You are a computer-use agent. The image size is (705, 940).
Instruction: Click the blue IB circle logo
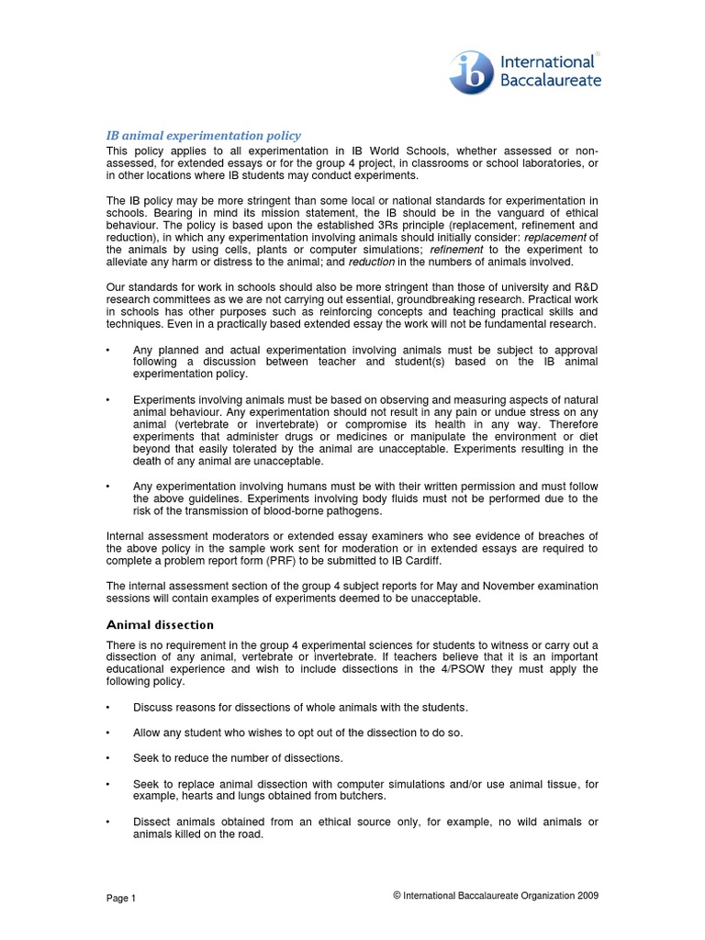coord(471,72)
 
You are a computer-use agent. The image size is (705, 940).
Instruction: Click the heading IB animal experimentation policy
coord(204,135)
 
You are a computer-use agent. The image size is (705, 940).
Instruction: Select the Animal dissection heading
coord(160,624)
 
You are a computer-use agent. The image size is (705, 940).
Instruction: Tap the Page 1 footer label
coord(121,898)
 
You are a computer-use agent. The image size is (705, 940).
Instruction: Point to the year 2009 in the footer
coord(588,897)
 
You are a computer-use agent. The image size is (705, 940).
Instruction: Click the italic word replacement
coord(553,236)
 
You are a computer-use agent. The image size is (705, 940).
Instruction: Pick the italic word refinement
coord(458,249)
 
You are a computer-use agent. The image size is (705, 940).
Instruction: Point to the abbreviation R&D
coord(587,286)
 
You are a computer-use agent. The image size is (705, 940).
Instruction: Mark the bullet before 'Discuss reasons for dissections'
coord(108,707)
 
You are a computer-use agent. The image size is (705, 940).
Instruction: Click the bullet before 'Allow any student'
coord(108,733)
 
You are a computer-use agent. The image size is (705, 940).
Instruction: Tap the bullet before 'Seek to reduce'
coord(108,757)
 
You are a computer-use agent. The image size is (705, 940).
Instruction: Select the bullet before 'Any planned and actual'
coord(108,350)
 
